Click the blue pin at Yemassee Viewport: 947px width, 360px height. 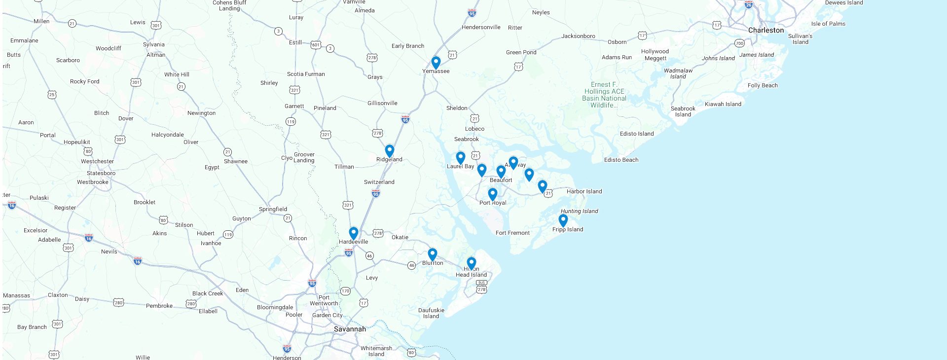(x=436, y=62)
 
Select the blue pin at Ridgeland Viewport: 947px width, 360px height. (x=390, y=150)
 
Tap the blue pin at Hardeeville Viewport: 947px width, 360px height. (x=354, y=232)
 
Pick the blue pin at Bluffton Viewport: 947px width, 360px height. (x=433, y=253)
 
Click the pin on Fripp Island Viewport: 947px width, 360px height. (x=563, y=219)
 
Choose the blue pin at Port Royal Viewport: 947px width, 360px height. (x=493, y=194)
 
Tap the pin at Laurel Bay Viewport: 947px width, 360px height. (x=461, y=157)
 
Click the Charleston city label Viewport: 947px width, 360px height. (x=765, y=30)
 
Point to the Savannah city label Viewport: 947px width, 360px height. (x=350, y=329)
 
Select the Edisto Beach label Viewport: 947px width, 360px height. (x=621, y=160)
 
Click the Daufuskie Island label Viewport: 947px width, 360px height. (x=431, y=313)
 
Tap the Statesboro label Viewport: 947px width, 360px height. (x=101, y=173)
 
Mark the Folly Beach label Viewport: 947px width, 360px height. (x=763, y=85)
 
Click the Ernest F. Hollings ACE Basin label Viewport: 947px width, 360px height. (x=604, y=95)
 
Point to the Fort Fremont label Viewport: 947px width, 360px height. (x=512, y=233)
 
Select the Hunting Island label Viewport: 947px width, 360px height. (x=579, y=211)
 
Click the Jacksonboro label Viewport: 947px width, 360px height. (x=578, y=36)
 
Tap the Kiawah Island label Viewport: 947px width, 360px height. (x=723, y=104)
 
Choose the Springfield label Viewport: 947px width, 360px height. (x=273, y=209)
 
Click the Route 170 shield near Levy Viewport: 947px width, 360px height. (x=345, y=291)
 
